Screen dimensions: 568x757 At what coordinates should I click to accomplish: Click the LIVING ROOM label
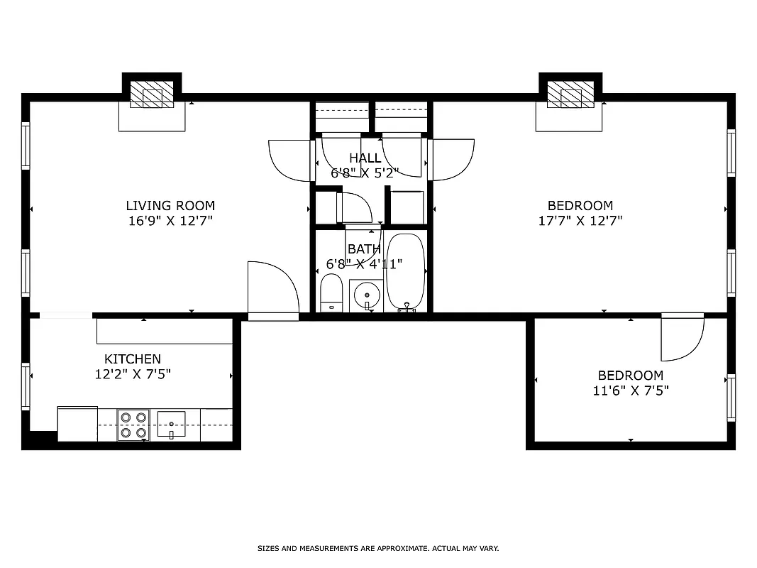click(x=170, y=206)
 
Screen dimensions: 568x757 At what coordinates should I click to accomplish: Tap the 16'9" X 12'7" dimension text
click(x=170, y=221)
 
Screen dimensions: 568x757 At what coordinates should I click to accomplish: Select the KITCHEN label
click(x=133, y=359)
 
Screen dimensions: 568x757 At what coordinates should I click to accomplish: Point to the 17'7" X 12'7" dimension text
click(x=580, y=221)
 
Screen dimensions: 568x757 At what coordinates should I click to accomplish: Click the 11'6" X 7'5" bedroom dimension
click(x=631, y=390)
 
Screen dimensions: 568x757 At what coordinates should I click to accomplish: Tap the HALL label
click(x=365, y=158)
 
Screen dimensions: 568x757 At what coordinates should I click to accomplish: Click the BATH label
click(x=364, y=249)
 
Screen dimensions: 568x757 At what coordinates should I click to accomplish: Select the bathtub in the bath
click(x=405, y=272)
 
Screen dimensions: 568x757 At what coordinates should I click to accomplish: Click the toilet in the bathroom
click(x=331, y=294)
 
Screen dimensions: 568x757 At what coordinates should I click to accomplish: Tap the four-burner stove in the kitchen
click(x=133, y=425)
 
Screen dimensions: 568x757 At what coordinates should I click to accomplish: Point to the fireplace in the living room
click(x=151, y=94)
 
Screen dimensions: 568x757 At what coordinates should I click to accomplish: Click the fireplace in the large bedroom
click(x=570, y=94)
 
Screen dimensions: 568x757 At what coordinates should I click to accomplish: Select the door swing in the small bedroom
click(x=681, y=338)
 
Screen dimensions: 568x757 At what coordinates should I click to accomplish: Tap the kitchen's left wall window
click(x=26, y=386)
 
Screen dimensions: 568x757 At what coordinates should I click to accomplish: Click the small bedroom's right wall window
click(x=731, y=398)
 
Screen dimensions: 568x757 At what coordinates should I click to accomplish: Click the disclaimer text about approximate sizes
click(x=378, y=548)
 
